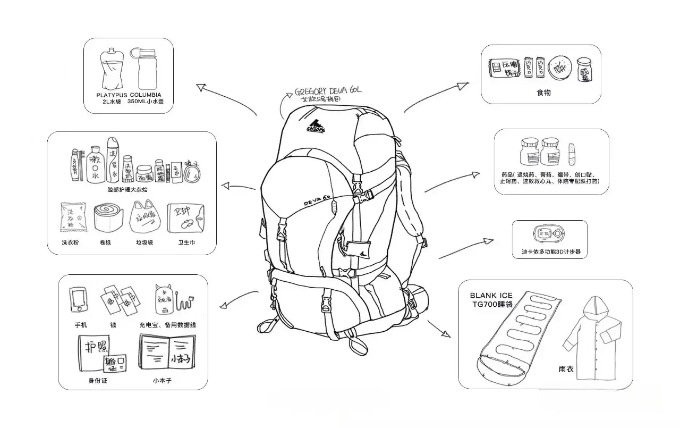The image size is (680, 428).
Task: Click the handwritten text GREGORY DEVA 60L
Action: point(328,91)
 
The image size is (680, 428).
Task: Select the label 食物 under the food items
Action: point(543,93)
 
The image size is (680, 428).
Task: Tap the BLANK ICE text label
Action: point(491,296)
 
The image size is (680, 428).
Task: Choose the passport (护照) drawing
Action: point(93,348)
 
